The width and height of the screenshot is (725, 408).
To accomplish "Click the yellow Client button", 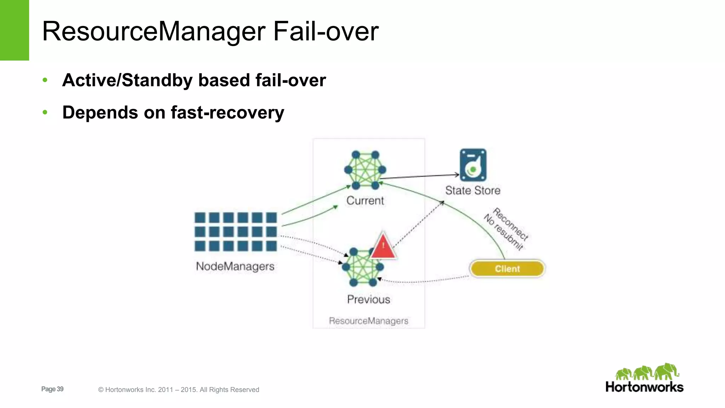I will click(x=507, y=269).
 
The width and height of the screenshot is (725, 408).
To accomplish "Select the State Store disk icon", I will click(x=473, y=165).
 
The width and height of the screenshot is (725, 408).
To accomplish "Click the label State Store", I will click(x=473, y=191).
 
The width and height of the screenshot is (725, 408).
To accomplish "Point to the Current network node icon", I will click(x=365, y=170).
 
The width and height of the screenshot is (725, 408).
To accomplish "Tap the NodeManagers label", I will click(x=235, y=266).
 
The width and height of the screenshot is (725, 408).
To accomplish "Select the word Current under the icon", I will click(x=365, y=200).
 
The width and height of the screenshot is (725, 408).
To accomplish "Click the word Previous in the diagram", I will click(x=369, y=299).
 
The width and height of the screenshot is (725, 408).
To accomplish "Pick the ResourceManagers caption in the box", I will click(x=369, y=321).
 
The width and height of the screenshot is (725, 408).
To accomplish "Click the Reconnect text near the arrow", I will click(x=510, y=224).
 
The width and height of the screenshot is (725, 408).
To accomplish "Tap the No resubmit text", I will click(x=503, y=232).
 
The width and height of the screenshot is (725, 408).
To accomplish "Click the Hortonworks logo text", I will click(x=644, y=387).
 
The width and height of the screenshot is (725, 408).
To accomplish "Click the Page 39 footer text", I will click(x=52, y=389).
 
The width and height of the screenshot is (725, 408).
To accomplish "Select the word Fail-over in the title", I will click(x=326, y=31).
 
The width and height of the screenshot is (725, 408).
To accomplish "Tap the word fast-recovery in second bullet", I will click(x=227, y=113).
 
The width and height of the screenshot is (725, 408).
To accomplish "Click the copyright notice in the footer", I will click(x=179, y=390).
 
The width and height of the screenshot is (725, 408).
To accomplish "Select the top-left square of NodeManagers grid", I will click(x=200, y=217).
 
